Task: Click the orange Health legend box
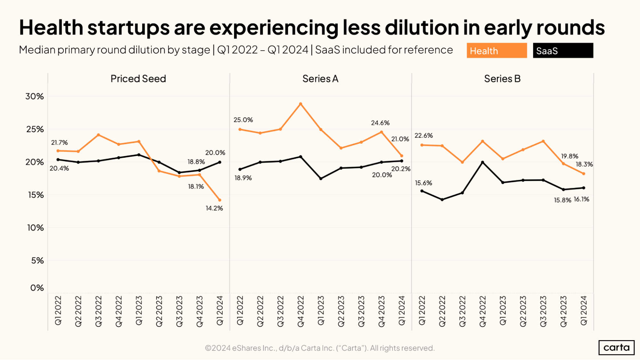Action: [x=496, y=51]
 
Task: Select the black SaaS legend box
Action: [x=563, y=51]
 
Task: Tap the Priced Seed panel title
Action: [x=138, y=79]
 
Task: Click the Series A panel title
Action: [x=320, y=79]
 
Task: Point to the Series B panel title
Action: [x=502, y=79]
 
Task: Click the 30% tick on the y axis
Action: [x=35, y=96]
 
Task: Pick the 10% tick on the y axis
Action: [x=35, y=228]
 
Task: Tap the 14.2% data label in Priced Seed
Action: [x=214, y=208]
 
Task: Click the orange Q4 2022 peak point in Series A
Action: [x=300, y=104]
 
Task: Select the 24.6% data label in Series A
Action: [x=380, y=123]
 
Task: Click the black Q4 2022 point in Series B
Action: [x=482, y=162]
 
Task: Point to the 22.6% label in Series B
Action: [x=423, y=136]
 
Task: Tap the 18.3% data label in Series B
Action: [x=584, y=164]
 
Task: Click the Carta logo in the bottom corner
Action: [x=616, y=348]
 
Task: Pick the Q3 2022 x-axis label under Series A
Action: [x=280, y=311]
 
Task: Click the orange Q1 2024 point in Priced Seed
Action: [x=220, y=200]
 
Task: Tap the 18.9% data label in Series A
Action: [x=243, y=178]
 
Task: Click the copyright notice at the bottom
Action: [x=320, y=348]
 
